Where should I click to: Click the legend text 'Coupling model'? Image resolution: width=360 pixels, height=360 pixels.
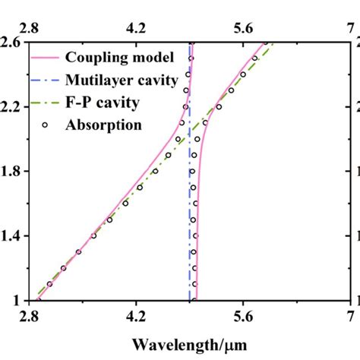119,58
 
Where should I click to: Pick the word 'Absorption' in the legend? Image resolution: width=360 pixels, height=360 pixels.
106,121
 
